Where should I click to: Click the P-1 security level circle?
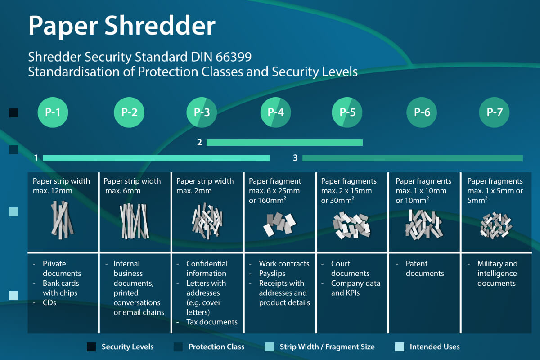point(52,112)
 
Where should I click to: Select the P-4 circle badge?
point(275,112)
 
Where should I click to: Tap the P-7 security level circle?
point(494,112)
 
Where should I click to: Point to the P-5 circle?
point(347,112)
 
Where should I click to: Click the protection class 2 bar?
point(284,143)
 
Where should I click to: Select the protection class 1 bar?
point(156,158)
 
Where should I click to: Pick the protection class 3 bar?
point(412,158)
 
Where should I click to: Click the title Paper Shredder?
point(121,26)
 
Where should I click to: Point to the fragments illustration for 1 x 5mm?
point(494,225)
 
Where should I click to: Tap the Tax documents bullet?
point(211,322)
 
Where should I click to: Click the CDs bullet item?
point(49,303)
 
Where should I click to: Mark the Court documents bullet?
point(350,269)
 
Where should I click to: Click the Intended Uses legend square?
point(399,347)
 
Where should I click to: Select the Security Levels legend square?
point(91,347)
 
